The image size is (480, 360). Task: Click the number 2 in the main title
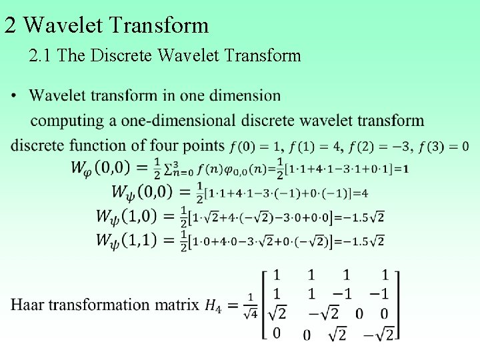pos(10,25)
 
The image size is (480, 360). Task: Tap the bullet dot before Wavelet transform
pos(15,96)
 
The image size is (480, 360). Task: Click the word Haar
pos(29,305)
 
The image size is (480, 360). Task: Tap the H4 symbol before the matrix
pos(212,305)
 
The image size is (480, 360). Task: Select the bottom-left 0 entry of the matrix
pos(277,332)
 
